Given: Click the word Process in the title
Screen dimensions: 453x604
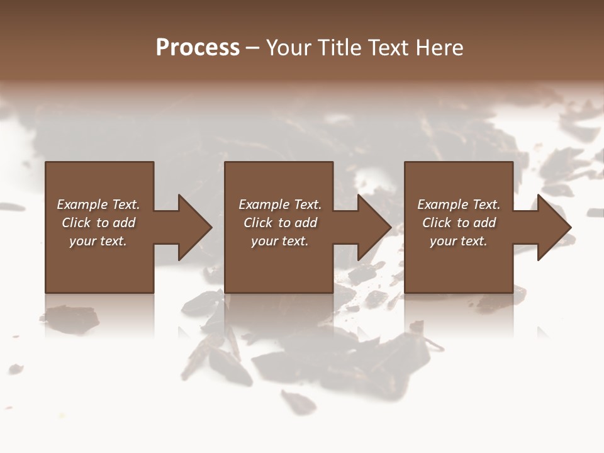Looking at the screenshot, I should pos(198,48).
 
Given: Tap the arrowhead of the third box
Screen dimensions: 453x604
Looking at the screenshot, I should pos(553,227).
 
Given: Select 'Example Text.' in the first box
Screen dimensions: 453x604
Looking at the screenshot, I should pos(98,204).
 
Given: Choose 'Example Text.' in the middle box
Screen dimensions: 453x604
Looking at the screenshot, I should pos(280,204).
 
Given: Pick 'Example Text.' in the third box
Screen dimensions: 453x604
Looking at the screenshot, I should pos(459,204).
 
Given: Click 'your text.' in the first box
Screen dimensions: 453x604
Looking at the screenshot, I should pos(98,241).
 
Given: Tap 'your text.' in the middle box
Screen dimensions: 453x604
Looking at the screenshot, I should pos(280,241).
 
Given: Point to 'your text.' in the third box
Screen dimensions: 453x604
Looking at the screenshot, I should pos(459,241).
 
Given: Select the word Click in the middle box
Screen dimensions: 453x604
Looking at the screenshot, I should pos(258,223).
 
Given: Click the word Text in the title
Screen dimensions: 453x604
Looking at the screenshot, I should pos(386,48).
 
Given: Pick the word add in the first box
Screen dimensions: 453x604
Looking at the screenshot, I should pos(125,223).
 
